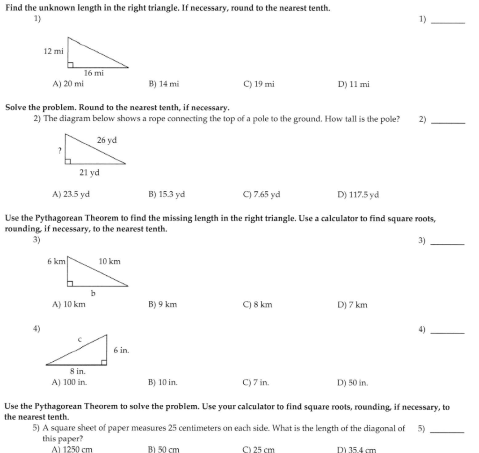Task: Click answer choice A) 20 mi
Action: [68, 84]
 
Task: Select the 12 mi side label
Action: [53, 51]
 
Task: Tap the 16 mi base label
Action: [94, 73]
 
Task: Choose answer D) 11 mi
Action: [353, 84]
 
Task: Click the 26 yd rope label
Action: [107, 140]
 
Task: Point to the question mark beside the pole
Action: [59, 150]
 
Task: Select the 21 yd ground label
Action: [89, 173]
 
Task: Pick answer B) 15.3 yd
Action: [167, 195]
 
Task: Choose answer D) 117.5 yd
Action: [358, 195]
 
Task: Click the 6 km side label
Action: [56, 262]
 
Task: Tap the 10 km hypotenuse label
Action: [109, 262]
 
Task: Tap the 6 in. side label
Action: [121, 350]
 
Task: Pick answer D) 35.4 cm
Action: [356, 450]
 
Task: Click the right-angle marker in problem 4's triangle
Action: [104, 362]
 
